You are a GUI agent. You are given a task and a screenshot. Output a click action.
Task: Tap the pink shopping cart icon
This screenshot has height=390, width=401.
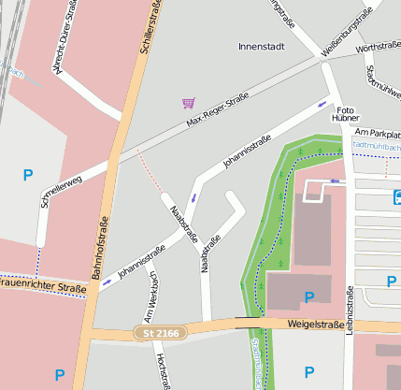coord(189,103)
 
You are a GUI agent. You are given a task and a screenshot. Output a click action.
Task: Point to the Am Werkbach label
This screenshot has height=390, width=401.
coord(149,304)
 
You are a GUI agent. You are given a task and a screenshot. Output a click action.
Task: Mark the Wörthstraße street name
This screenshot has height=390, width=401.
coord(379,46)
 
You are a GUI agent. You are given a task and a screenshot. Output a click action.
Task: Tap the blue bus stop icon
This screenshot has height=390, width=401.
coord(398,196)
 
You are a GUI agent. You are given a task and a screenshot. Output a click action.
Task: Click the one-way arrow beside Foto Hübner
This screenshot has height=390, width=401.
coord(324,104)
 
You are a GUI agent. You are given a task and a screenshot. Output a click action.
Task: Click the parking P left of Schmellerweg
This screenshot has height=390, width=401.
coord(27,174)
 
